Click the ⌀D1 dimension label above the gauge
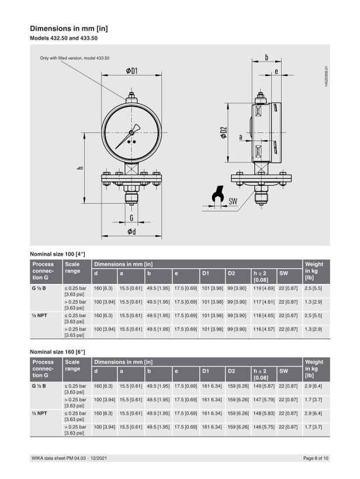pos(131,71)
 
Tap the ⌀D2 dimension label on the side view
pos(224,132)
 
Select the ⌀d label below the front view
pos(131,231)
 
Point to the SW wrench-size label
pos(233,201)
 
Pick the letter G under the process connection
pos(131,217)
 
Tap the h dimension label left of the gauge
pos(80,168)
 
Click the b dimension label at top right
pos(266,57)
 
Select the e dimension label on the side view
pos(276,71)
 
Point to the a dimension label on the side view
pos(241,137)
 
